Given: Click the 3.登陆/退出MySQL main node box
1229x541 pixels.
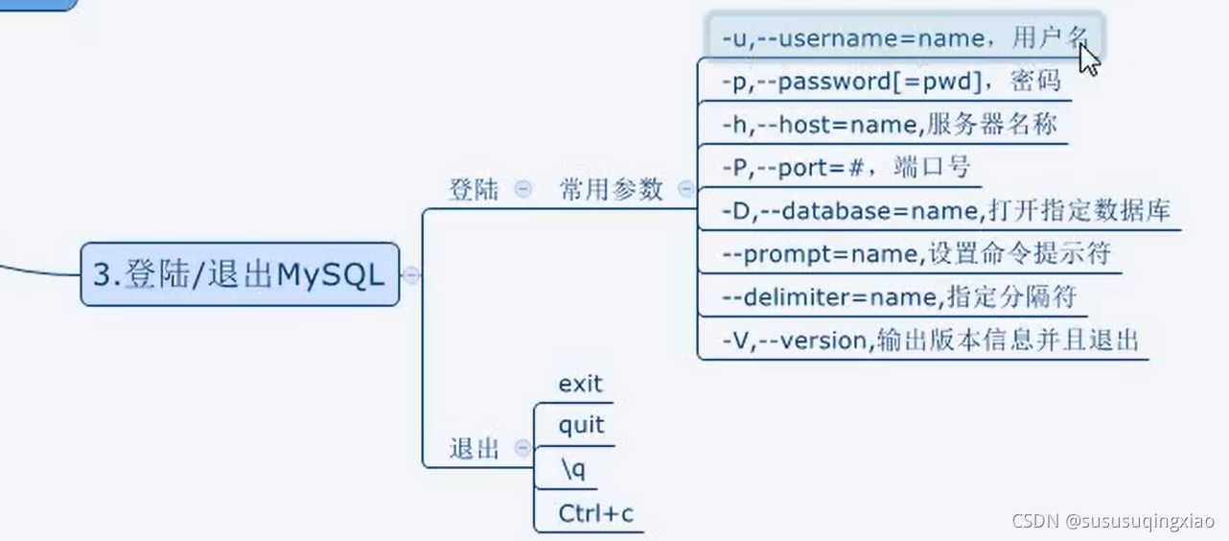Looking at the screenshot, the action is point(239,275).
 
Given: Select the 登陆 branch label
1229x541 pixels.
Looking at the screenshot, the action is point(474,190).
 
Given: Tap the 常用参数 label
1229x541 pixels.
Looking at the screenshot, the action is point(612,190).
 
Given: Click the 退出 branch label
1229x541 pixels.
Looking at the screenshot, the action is point(475,448).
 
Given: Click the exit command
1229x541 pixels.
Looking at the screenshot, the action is point(580,385).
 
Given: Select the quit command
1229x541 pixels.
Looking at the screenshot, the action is point(581,426).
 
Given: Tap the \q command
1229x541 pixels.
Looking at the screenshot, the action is point(571,469).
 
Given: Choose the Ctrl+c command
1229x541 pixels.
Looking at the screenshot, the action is point(595,513).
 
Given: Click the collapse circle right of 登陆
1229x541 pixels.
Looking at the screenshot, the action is point(522,189).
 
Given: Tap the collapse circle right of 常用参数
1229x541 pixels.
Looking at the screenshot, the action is point(685,189).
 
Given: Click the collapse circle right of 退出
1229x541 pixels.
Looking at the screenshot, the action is point(522,448).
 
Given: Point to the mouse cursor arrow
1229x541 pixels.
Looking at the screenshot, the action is point(1088,58).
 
